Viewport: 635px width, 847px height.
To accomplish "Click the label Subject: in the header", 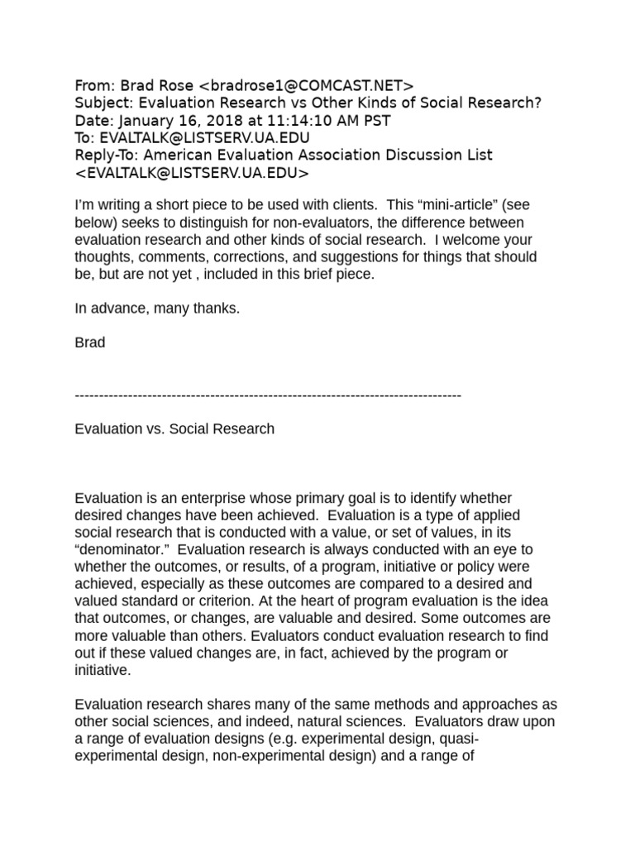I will pyautogui.click(x=104, y=103).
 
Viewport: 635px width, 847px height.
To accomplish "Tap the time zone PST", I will pyautogui.click(x=373, y=120).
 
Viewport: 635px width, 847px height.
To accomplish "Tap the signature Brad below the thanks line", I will pyautogui.click(x=90, y=342).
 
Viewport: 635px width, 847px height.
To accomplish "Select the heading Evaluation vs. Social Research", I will pyautogui.click(x=174, y=428).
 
